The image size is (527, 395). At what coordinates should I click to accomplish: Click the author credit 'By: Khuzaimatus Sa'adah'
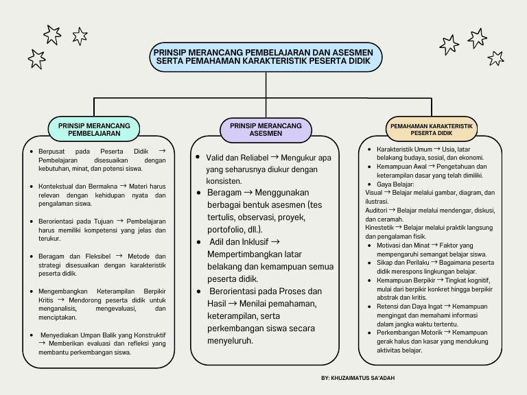point(358,378)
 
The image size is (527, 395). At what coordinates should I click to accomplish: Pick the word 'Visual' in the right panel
point(374,193)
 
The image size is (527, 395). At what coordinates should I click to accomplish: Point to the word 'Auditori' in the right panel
point(376,210)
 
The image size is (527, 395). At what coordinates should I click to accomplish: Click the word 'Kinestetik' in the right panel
point(379,227)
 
